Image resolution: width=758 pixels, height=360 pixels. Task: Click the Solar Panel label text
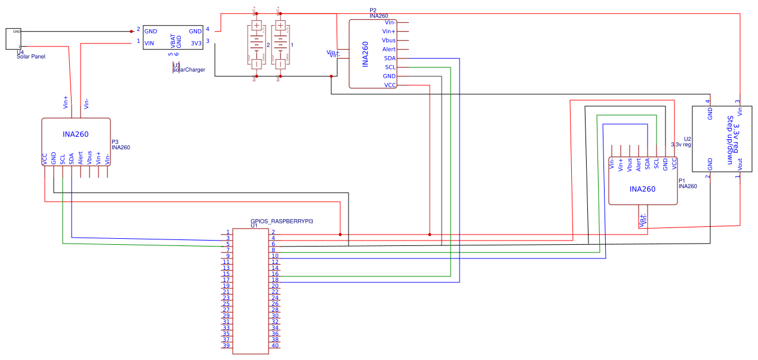31,57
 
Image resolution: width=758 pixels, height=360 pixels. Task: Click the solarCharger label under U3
189,70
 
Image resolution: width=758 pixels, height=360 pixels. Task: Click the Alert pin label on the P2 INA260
389,49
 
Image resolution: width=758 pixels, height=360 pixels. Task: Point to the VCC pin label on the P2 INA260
389,85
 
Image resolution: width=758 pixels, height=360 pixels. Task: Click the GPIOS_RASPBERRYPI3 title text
282,221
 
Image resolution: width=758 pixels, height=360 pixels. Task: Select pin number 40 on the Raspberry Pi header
275,346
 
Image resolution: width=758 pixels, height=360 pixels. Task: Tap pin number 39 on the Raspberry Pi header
226,346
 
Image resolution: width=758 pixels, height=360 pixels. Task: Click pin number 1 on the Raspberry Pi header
227,232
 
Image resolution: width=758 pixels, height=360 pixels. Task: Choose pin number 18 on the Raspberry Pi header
275,280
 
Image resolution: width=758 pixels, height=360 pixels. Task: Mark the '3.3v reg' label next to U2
681,144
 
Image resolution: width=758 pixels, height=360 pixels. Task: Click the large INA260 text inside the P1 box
642,189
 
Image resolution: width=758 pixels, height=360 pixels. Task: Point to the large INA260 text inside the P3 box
75,134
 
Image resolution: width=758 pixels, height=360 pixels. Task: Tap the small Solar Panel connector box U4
14,39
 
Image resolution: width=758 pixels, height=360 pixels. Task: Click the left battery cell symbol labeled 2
256,47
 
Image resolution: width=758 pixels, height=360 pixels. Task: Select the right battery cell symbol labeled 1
279,47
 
